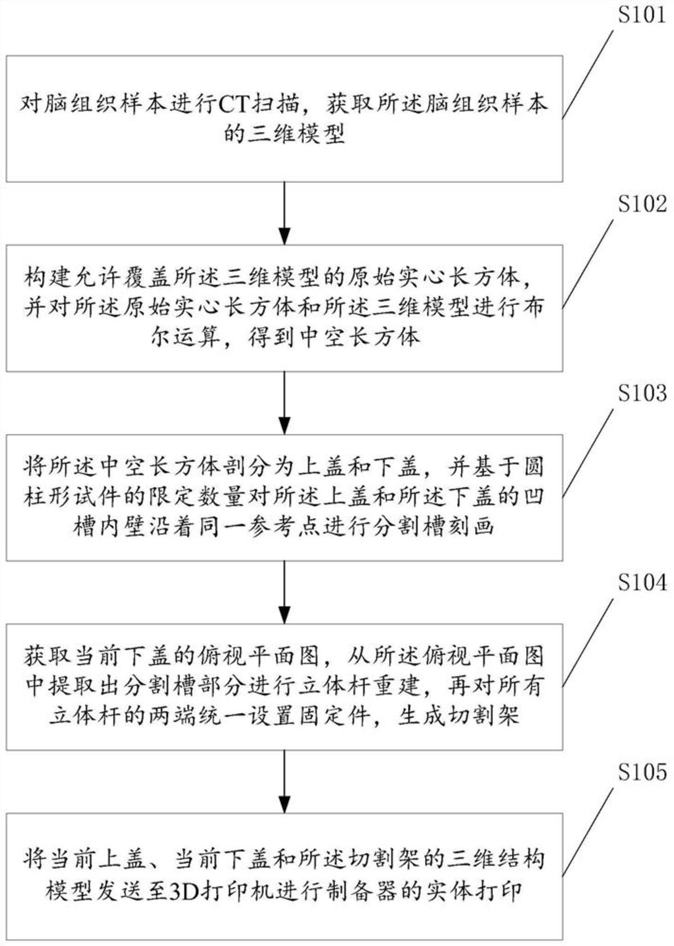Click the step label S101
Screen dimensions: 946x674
click(x=642, y=14)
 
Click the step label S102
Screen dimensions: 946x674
click(x=642, y=203)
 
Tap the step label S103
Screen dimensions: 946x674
click(x=642, y=393)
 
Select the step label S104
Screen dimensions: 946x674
click(x=642, y=583)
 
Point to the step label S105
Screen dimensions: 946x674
click(x=642, y=772)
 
